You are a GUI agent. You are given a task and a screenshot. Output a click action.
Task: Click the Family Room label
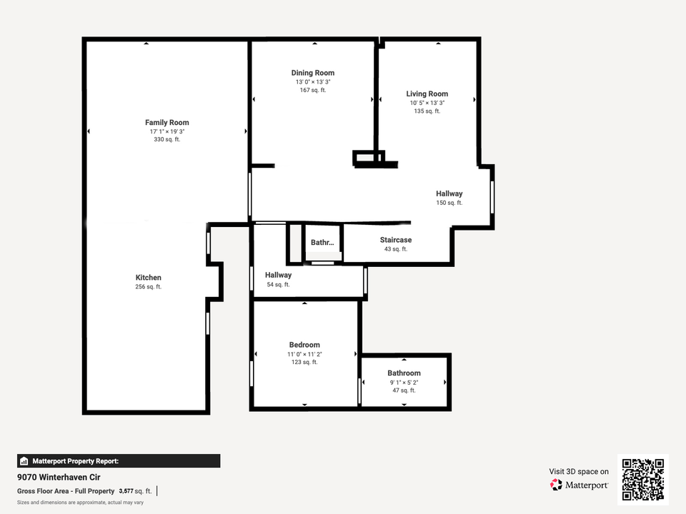coord(167,122)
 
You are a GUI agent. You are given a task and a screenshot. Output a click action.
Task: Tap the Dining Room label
coord(313,73)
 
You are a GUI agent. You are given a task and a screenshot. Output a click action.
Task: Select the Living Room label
coord(427,94)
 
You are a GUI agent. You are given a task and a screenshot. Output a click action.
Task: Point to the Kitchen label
coord(149,278)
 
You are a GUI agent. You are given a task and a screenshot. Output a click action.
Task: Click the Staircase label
coord(396,240)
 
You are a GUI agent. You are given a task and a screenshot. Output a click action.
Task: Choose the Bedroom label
coord(304,345)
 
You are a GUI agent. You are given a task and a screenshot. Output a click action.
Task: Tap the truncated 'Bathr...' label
coord(322,243)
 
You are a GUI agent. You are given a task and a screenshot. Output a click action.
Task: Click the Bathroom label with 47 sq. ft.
coord(404,373)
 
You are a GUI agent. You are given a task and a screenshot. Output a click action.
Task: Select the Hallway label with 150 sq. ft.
coord(449,193)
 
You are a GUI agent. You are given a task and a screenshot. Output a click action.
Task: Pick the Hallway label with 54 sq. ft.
coord(278,275)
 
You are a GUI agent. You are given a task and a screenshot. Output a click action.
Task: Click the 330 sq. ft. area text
coord(167,139)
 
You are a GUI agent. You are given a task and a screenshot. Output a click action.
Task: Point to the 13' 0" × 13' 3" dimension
coord(313,81)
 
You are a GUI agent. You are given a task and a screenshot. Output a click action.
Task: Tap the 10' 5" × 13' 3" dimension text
coord(427,103)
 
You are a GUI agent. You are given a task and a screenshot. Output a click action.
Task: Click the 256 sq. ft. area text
coord(149,287)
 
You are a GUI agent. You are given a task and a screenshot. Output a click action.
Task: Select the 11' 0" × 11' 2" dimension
coord(304,354)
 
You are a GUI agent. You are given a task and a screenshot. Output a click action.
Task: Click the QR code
coord(643,480)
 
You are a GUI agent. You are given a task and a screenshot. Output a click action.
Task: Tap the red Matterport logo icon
coord(556,485)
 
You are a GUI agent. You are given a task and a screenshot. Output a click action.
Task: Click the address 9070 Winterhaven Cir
coord(59,478)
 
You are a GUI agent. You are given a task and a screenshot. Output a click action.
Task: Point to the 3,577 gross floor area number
coord(126,491)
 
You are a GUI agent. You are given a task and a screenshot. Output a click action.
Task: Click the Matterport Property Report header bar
coord(119,461)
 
